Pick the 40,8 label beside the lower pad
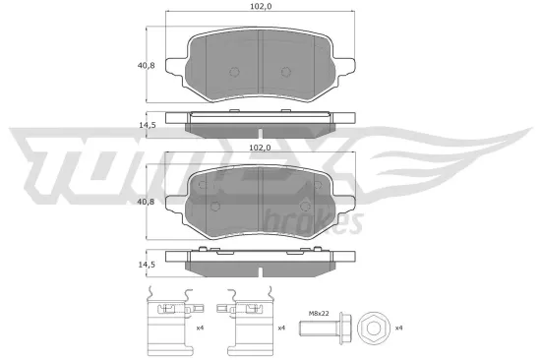point(146,202)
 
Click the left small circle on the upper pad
point(233,72)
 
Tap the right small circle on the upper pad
point(285,72)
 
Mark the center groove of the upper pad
point(259,59)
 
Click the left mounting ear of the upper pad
point(176,66)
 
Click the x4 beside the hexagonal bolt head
point(398,327)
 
